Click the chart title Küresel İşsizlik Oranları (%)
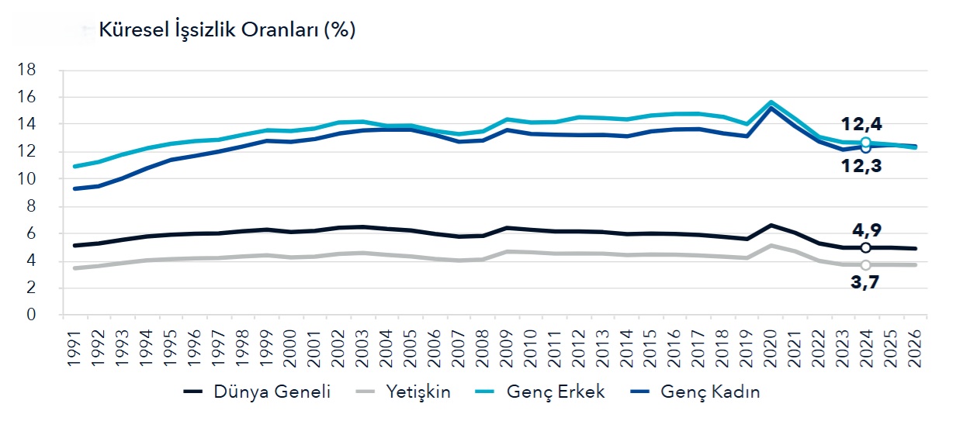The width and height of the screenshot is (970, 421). tap(227, 30)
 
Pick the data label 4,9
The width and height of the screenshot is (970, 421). tap(865, 230)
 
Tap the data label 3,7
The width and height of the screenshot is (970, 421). tap(865, 282)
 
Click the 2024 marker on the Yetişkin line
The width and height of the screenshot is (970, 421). tap(866, 264)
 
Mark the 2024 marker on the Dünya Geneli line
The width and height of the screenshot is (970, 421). tap(866, 247)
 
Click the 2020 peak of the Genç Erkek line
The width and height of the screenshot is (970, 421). tap(771, 102)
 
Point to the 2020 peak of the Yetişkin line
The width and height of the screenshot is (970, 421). tap(771, 245)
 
